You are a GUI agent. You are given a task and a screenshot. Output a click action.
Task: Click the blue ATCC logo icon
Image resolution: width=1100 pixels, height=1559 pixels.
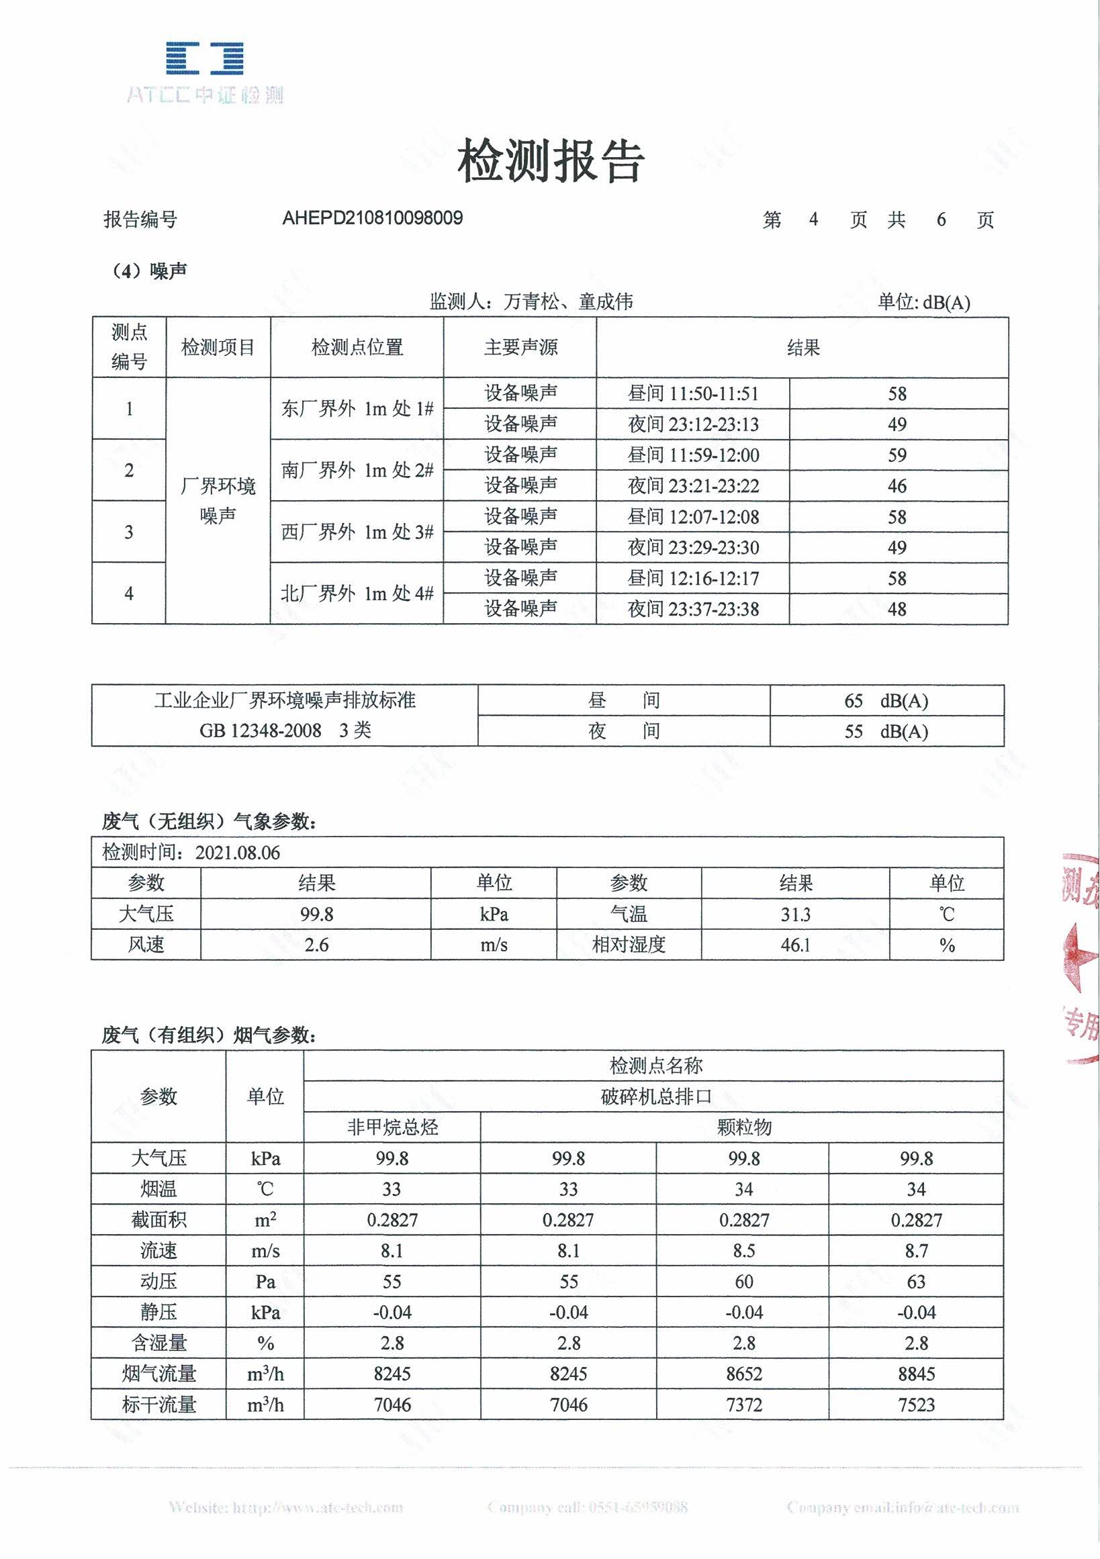pyautogui.click(x=204, y=58)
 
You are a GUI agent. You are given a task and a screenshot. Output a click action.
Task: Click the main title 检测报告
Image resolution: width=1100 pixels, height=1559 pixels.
pyautogui.click(x=550, y=162)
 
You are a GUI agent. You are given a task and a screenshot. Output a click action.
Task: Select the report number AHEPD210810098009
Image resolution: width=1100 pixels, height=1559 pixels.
pyautogui.click(x=372, y=218)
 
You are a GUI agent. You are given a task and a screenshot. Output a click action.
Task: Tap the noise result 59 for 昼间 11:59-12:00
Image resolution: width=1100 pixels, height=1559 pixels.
pyautogui.click(x=897, y=455)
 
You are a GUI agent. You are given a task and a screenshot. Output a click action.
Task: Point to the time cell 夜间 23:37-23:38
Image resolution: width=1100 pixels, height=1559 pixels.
pyautogui.click(x=693, y=609)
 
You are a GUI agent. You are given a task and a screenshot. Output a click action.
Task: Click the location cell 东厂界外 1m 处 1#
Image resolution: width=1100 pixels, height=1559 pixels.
pyautogui.click(x=357, y=409)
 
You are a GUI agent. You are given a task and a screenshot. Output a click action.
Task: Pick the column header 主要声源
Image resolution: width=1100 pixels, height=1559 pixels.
pyautogui.click(x=520, y=348)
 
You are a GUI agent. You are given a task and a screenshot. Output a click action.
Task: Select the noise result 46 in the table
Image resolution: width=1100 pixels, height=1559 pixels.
pyautogui.click(x=897, y=486)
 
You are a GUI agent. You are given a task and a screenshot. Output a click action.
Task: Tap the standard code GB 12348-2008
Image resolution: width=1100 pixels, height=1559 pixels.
pyautogui.click(x=261, y=730)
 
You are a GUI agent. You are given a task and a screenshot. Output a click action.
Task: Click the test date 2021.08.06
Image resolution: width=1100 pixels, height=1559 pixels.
pyautogui.click(x=238, y=853)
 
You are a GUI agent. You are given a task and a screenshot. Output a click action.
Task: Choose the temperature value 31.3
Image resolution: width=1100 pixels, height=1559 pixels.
pyautogui.click(x=795, y=914)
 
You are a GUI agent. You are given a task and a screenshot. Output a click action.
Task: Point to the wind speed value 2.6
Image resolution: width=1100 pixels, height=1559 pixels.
pyautogui.click(x=316, y=945)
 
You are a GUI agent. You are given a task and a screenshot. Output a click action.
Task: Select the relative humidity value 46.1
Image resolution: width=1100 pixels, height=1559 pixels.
pyautogui.click(x=795, y=945)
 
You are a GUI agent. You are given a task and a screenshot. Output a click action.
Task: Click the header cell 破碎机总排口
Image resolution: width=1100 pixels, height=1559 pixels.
pyautogui.click(x=655, y=1096)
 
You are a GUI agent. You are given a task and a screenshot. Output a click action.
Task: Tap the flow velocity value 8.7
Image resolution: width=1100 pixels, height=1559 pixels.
pyautogui.click(x=916, y=1251)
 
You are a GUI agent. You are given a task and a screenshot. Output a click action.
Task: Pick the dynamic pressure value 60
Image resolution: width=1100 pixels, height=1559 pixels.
pyautogui.click(x=743, y=1282)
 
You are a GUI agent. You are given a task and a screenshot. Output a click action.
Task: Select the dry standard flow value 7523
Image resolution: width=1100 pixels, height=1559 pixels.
pyautogui.click(x=916, y=1405)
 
